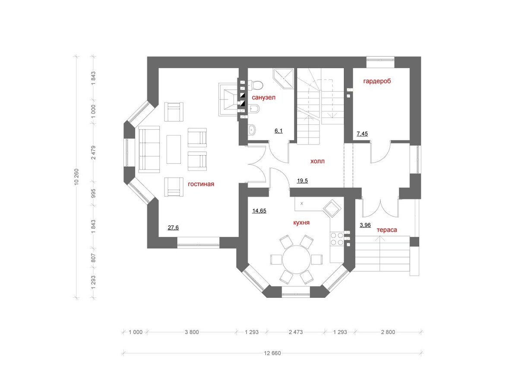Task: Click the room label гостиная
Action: [201, 184]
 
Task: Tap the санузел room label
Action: [263, 97]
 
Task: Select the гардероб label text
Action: [377, 81]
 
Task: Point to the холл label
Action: [317, 161]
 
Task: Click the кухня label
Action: [301, 223]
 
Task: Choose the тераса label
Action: [387, 230]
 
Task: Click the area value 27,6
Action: [173, 227]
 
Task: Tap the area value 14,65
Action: [259, 210]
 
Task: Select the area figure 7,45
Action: [362, 134]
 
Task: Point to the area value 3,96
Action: [365, 225]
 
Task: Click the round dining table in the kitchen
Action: [297, 260]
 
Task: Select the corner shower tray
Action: [284, 79]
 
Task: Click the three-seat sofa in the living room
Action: [149, 149]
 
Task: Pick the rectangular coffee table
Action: [174, 149]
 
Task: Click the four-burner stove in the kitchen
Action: [337, 239]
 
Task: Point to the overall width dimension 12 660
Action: [272, 353]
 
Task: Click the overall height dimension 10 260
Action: [76, 177]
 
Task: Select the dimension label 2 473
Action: [296, 332]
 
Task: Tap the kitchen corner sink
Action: [332, 209]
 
